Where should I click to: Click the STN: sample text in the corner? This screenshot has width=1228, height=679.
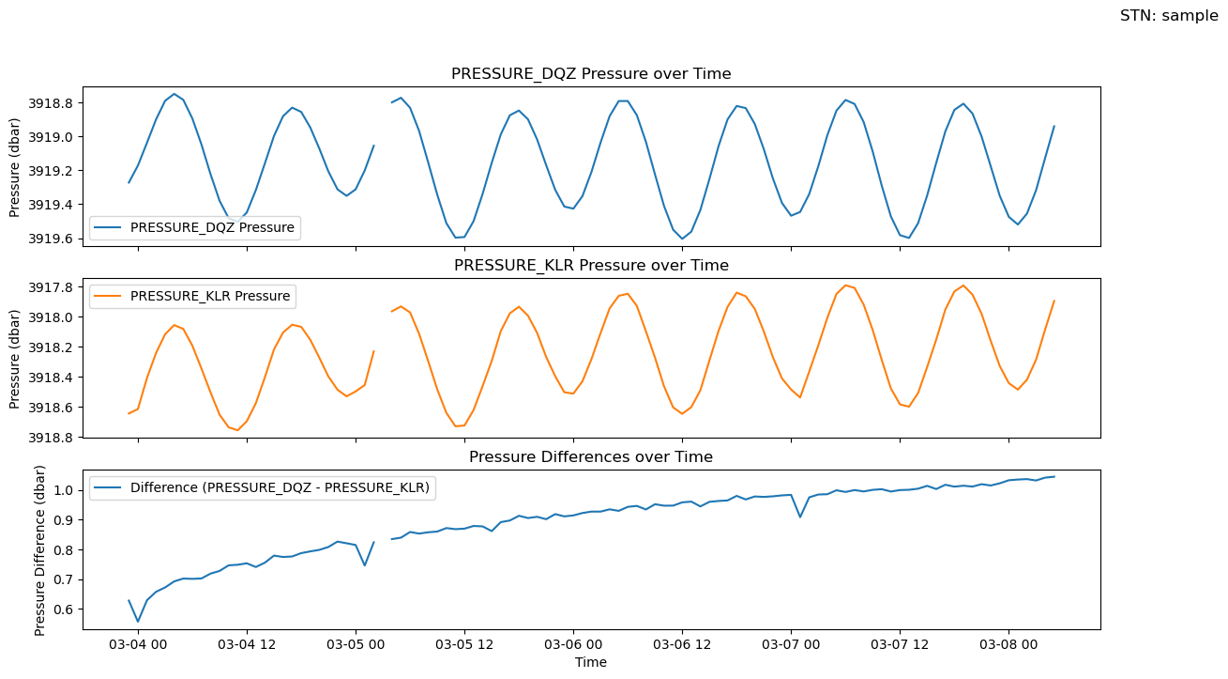click(1168, 16)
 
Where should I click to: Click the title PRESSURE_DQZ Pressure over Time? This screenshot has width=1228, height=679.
click(591, 73)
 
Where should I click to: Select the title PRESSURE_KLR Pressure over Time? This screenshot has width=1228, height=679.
click(591, 265)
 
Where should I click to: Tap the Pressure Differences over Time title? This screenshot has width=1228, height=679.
click(591, 457)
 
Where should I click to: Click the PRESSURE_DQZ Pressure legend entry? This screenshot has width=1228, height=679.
click(212, 226)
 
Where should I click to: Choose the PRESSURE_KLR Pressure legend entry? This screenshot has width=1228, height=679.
click(211, 296)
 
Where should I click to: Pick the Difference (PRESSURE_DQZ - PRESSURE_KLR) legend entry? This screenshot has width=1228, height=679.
click(280, 487)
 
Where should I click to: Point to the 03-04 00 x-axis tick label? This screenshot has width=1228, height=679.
click(138, 645)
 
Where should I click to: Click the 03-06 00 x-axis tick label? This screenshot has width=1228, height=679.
click(573, 645)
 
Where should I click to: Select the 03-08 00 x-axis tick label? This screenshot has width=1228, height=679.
click(1008, 645)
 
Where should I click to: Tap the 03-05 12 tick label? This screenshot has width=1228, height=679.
click(464, 645)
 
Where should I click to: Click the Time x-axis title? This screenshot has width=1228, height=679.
click(591, 662)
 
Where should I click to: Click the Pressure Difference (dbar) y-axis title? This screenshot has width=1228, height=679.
click(40, 549)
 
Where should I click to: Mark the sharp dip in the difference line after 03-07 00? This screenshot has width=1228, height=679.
click(799, 517)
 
